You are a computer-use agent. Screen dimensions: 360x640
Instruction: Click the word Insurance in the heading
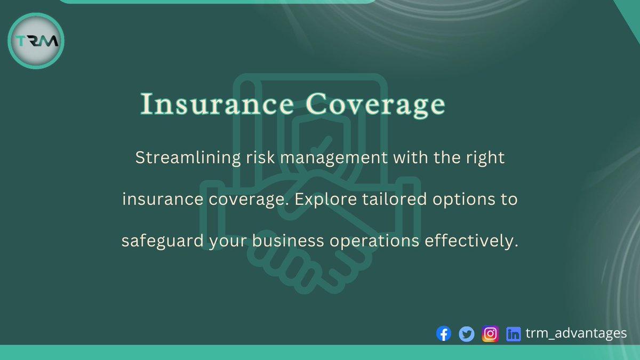click(x=216, y=105)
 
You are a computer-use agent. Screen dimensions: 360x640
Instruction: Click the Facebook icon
click(x=443, y=334)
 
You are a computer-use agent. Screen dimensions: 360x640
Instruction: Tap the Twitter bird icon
click(x=467, y=334)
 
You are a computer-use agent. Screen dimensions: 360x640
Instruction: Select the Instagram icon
click(x=490, y=334)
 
